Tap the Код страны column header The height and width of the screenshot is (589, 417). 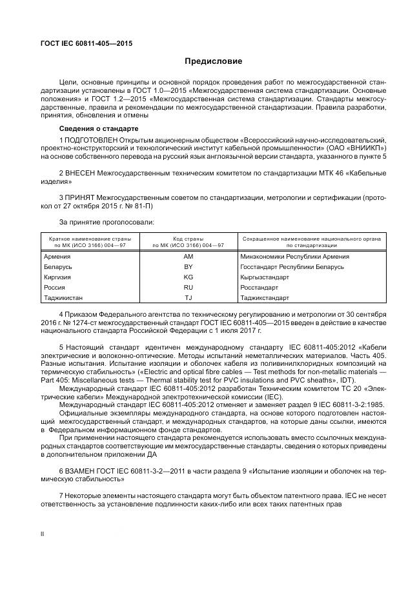point(188,239)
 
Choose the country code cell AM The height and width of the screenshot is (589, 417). point(188,256)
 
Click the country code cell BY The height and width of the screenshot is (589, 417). point(188,266)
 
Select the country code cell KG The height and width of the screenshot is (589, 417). point(188,277)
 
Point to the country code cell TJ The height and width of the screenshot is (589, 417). point(188,297)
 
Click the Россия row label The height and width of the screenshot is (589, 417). point(54,287)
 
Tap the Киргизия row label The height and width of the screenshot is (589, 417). point(57,277)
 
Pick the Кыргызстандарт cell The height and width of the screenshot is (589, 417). point(265,277)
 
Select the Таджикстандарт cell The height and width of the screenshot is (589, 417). point(265,297)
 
